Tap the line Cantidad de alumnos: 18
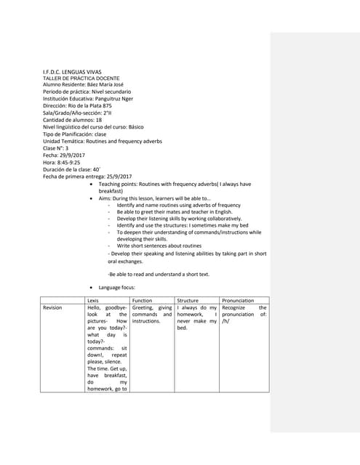click(73, 120)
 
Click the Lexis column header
click(93, 300)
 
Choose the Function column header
click(143, 300)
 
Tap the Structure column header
click(188, 300)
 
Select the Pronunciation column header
click(238, 300)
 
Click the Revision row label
click(52, 308)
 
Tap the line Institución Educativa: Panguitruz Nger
click(88, 100)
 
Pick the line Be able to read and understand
click(159, 274)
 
